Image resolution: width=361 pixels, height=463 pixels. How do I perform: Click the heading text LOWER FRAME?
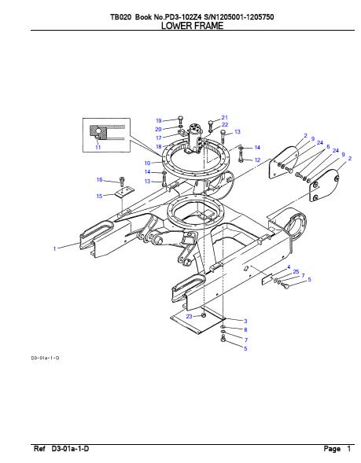click(193, 26)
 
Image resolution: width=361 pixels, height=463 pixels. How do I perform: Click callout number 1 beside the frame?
click(54, 248)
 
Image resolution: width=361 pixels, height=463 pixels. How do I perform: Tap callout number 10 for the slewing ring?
click(147, 163)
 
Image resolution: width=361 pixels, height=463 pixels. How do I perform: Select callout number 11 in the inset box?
click(98, 147)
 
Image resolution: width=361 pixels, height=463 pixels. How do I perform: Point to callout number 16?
click(100, 179)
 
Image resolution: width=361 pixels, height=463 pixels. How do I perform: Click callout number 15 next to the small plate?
click(100, 196)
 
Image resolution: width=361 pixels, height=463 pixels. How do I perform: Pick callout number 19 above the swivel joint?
click(159, 120)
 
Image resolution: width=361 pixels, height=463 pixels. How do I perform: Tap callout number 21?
click(224, 118)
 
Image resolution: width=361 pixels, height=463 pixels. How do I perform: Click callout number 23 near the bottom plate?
click(189, 316)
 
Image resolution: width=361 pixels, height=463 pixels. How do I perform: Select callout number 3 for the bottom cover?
click(245, 321)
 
